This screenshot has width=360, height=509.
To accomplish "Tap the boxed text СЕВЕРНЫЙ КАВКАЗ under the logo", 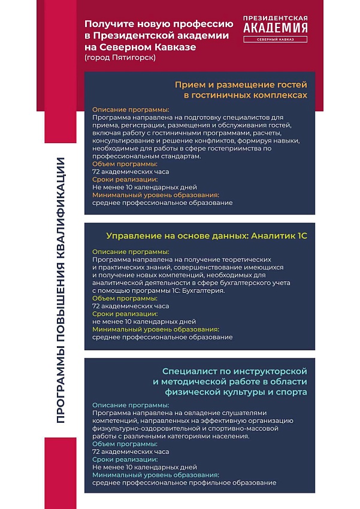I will (x=276, y=40).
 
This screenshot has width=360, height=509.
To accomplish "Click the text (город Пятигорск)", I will (x=120, y=57).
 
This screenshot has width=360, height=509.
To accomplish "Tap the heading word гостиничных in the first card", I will (x=223, y=95).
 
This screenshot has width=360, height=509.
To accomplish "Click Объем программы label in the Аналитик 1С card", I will (x=125, y=298).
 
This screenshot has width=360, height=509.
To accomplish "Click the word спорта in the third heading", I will (x=293, y=392).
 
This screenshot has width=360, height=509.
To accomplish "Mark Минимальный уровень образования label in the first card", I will (x=155, y=195).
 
